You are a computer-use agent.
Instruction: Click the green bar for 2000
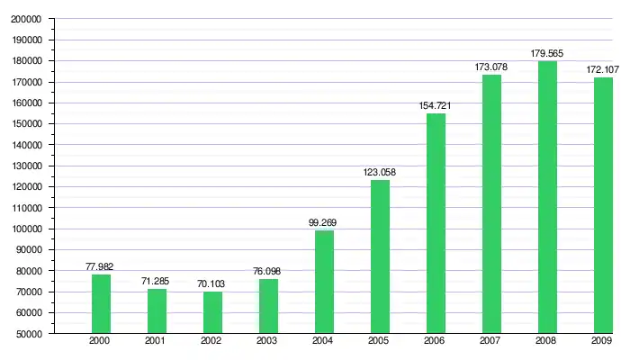coord(101,303)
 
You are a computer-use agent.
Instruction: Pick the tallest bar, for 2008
coord(547,197)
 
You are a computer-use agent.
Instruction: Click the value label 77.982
coord(99,267)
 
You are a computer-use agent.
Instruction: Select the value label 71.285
coord(157,282)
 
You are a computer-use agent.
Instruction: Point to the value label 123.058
coord(380,172)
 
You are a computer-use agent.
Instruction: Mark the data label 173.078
coord(491,67)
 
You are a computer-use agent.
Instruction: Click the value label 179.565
coord(547,53)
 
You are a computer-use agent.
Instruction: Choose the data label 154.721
coord(436,105)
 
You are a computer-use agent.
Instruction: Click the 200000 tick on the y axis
coord(29,19)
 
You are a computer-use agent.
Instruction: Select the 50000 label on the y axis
coord(31,334)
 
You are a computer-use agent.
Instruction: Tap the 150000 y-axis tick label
coord(29,124)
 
